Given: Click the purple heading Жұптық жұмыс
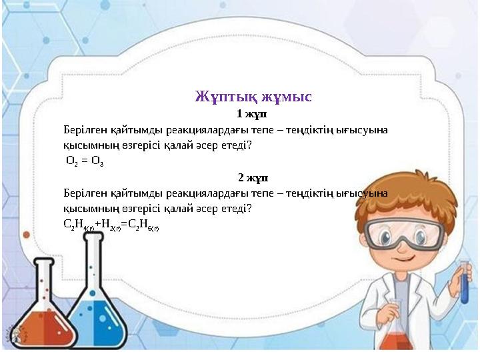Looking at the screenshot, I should pyautogui.click(x=253, y=97).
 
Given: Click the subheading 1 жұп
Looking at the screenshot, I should pyautogui.click(x=251, y=114).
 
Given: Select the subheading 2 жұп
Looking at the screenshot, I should pyautogui.click(x=253, y=178).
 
